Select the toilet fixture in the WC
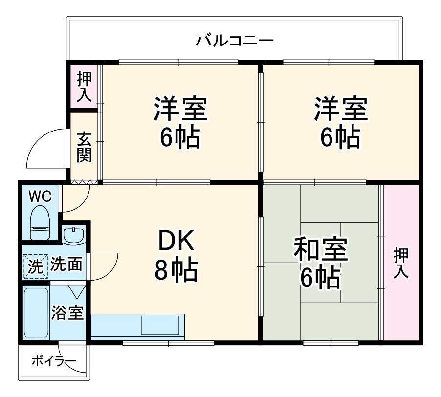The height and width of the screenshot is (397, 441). point(40,222)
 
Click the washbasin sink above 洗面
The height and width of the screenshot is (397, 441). point(74,235)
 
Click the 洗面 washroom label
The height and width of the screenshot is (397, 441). point(66,265)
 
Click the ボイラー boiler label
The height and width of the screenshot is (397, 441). point(54,362)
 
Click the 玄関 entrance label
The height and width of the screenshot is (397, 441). point(84,147)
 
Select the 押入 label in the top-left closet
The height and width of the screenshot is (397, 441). point(84,87)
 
